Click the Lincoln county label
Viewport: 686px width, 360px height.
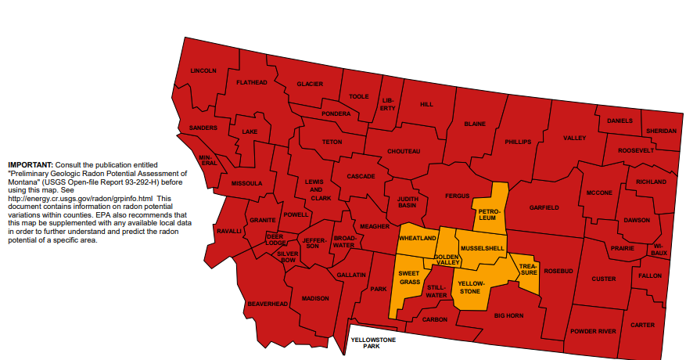(x=203, y=70)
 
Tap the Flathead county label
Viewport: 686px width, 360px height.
(x=252, y=82)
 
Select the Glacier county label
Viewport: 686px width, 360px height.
(x=310, y=84)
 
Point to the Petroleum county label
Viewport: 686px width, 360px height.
(x=489, y=214)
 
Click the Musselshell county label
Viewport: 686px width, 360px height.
(x=483, y=248)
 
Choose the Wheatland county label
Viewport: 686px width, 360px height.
(x=418, y=237)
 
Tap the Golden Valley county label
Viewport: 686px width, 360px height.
(x=447, y=260)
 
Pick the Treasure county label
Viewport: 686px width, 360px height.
(x=529, y=269)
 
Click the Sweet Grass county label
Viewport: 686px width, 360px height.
(x=410, y=277)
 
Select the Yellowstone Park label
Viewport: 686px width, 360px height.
(x=372, y=343)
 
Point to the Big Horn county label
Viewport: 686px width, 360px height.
(x=510, y=315)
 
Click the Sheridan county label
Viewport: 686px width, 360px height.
(x=662, y=131)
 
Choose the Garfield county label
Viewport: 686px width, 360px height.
(x=544, y=207)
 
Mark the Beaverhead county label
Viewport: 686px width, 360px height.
(x=268, y=303)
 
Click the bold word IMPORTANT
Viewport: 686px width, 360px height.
(x=30, y=164)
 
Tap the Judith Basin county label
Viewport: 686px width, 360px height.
(x=407, y=202)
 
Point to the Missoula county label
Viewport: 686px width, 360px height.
(x=247, y=183)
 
